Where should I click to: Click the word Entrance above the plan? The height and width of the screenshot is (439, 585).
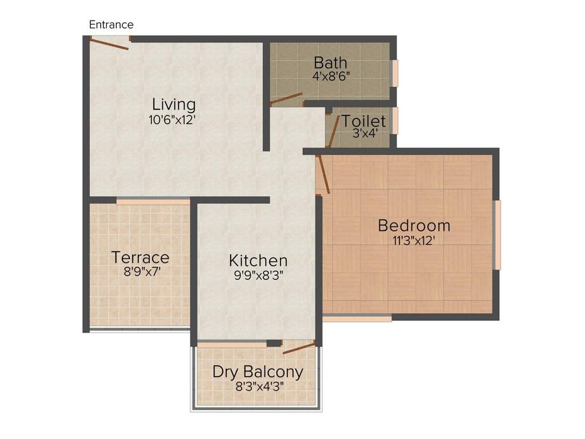111,25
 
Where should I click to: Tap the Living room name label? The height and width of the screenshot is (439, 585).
174,105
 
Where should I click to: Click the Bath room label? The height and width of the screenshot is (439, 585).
330,62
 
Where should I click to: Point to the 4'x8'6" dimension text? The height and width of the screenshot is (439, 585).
331,75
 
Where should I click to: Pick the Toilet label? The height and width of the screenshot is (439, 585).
363,121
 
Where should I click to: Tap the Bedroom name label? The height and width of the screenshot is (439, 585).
414,225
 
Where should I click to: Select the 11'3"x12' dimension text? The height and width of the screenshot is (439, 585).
414,241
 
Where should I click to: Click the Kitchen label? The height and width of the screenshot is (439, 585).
258,261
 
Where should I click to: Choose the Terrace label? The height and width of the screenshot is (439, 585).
141,257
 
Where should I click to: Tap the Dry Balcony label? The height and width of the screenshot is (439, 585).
258,372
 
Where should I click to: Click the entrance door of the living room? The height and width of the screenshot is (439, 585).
110,43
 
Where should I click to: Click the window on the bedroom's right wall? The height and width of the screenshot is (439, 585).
497,234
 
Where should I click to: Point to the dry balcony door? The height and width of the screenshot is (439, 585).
299,347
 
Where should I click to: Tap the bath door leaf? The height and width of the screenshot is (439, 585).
286,99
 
